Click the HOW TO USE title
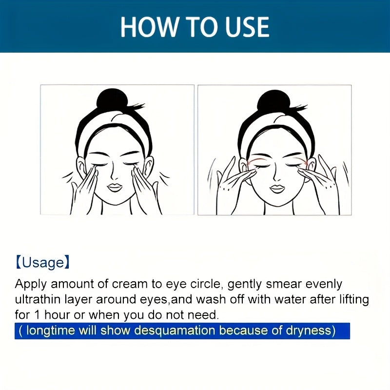[x=195, y=26]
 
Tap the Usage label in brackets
[x=43, y=263]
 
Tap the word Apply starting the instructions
[x=30, y=284]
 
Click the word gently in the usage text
[x=246, y=284]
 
